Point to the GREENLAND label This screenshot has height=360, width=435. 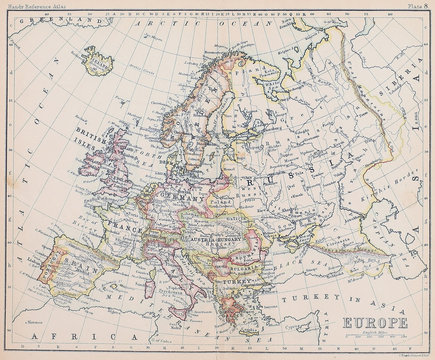41,21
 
